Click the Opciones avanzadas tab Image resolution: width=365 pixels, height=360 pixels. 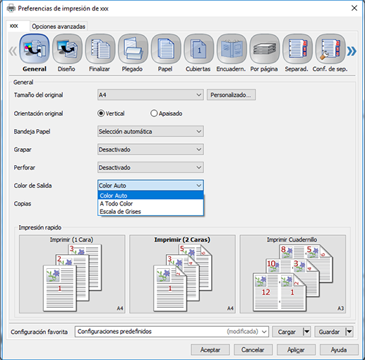pos(59,26)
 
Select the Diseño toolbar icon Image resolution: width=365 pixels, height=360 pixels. pos(67,49)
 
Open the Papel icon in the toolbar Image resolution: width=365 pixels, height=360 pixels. pos(166,49)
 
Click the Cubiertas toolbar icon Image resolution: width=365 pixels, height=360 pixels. pos(199,49)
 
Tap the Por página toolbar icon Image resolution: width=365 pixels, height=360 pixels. pos(265,49)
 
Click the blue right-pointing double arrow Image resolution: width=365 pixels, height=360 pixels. pos(352,51)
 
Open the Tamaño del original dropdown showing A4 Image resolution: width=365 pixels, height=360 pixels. pos(150,95)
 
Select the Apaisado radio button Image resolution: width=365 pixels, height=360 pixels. pos(154,114)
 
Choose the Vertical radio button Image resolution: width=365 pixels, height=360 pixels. pos(101,114)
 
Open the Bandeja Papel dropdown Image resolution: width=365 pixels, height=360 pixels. pos(150,131)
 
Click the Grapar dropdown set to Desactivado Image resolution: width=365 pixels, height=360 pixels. pos(150,150)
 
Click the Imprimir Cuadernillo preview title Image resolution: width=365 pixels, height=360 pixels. pos(292,240)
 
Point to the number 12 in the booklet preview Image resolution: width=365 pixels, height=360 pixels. pos(266,292)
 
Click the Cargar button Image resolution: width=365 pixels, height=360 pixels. pos(287,332)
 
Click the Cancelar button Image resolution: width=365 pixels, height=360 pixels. pos(253,350)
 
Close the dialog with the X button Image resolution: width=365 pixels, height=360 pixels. pos(354,8)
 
